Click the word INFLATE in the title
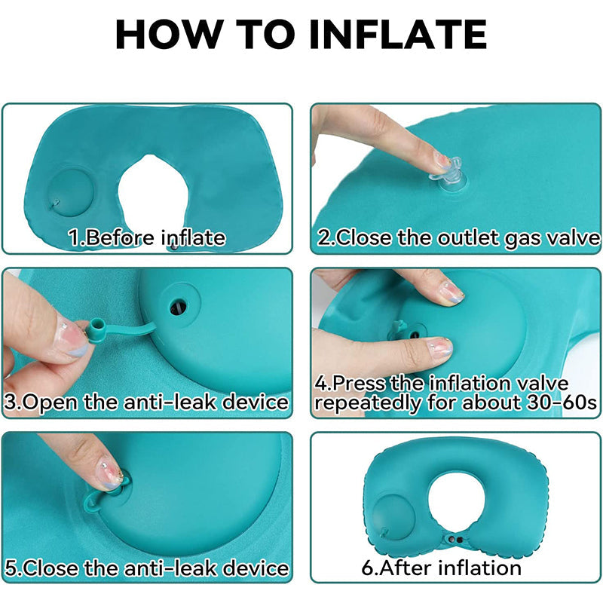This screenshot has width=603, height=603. [x=398, y=34]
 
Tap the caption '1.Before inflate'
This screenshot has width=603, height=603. [x=147, y=237]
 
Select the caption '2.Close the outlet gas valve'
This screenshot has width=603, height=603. [x=458, y=237]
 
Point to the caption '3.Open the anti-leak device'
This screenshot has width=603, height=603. [x=146, y=403]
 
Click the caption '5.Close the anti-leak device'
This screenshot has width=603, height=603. [x=146, y=568]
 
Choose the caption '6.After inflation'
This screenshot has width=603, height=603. [x=441, y=568]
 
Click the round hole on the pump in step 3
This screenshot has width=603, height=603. [x=179, y=308]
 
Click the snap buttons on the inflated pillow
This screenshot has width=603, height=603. [x=456, y=540]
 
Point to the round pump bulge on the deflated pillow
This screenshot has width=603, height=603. [x=70, y=191]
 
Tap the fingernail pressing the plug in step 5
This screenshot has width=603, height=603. [x=109, y=474]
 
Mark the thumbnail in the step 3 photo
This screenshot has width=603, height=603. [x=72, y=338]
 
